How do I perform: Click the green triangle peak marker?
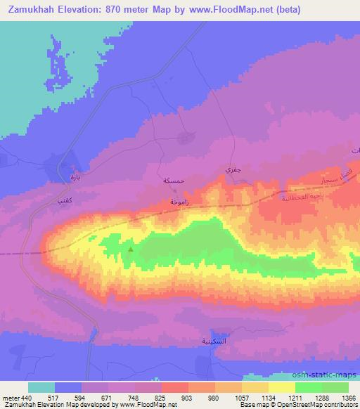pos(131,247)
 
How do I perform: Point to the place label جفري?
pos(232,169)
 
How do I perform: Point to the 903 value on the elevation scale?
pos(167,397)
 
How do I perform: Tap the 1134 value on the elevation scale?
pos(253,397)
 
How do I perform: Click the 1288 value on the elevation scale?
pos(312,397)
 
